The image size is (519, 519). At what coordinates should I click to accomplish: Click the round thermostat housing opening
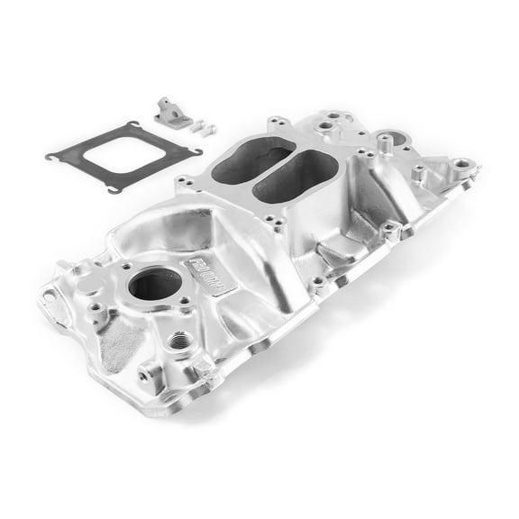coord(154,284)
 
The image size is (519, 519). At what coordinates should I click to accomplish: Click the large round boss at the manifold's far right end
coord(461,165)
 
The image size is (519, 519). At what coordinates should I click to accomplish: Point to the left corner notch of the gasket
coord(51,156)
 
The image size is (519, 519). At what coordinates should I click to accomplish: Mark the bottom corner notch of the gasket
coord(114,188)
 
